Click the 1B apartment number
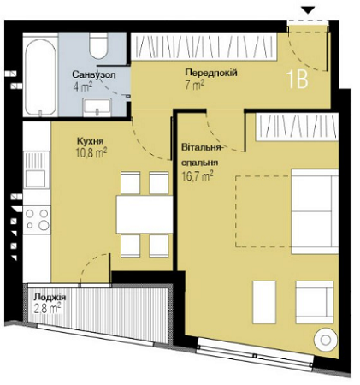click(x=297, y=80)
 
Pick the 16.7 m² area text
click(x=197, y=175)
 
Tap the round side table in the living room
click(x=326, y=340)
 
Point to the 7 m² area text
click(x=193, y=86)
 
